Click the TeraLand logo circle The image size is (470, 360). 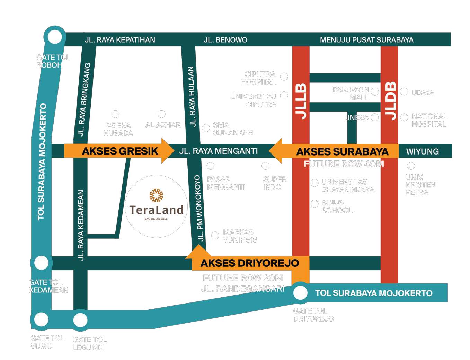click(156, 207)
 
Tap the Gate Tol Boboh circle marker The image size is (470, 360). click(54, 37)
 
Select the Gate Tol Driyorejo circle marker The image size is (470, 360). click(300, 293)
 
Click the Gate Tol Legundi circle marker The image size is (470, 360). click(80, 320)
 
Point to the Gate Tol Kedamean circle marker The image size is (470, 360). click(41, 263)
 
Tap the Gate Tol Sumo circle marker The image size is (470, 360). click(41, 319)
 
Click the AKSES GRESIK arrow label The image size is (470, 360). click(119, 151)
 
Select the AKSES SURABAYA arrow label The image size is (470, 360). click(342, 152)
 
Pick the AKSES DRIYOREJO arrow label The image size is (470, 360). click(249, 263)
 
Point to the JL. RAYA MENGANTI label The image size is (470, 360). click(218, 151)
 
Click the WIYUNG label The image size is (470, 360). click(422, 151)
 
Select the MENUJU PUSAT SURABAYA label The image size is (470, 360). click(366, 40)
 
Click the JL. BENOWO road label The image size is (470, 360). click(225, 40)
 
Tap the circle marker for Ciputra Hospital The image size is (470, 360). click(284, 77)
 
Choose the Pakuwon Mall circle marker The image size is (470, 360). click(375, 91)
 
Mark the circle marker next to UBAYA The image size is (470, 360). click(404, 91)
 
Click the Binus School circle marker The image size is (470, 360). click(314, 204)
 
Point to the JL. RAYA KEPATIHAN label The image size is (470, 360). click(120, 40)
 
